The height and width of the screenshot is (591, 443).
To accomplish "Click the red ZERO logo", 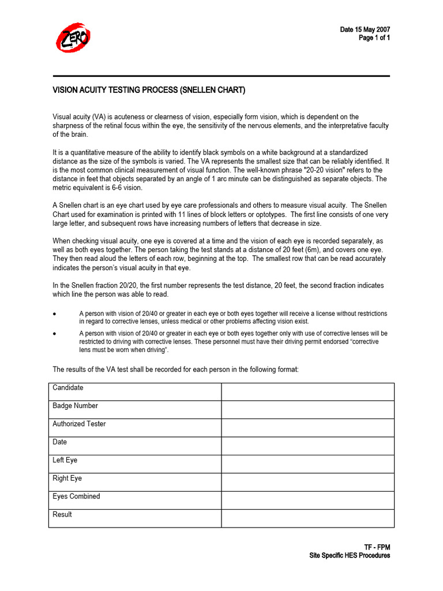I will click(73, 38).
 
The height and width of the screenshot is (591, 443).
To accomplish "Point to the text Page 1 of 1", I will click(374, 38).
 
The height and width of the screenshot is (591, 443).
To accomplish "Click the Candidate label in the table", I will click(68, 388).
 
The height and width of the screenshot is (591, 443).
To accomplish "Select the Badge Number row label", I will click(75, 406).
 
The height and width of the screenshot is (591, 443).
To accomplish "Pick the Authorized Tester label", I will click(79, 424).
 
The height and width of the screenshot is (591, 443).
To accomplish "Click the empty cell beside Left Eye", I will click(307, 464).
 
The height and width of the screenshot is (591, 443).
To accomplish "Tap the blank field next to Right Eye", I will click(307, 482).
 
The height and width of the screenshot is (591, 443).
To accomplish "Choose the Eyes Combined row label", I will click(76, 496).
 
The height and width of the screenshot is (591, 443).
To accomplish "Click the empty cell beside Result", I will click(307, 518).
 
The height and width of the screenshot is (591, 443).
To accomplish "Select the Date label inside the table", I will click(59, 442).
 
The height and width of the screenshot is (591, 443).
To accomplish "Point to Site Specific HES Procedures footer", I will click(350, 556).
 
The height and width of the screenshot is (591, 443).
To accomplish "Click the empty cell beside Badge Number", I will click(307, 410).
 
